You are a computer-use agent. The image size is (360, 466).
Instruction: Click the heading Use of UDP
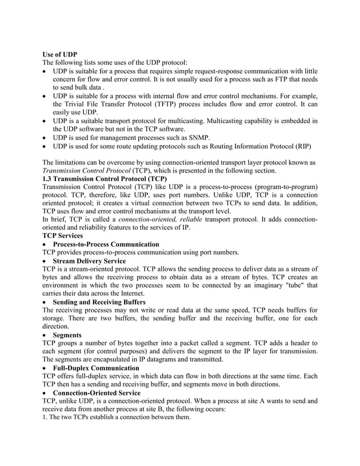[x=60, y=54]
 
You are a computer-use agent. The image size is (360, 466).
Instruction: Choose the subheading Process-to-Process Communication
[x=106, y=244]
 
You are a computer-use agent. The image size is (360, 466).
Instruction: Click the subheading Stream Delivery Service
[x=89, y=261]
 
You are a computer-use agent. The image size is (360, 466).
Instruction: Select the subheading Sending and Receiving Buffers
[x=99, y=302]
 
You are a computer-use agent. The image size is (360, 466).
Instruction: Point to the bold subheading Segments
[x=67, y=335]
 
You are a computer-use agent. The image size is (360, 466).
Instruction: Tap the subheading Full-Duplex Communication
[x=96, y=368]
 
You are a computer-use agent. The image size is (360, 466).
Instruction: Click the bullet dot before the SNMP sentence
[x=45, y=138]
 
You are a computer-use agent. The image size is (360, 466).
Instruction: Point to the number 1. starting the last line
[x=45, y=417]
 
